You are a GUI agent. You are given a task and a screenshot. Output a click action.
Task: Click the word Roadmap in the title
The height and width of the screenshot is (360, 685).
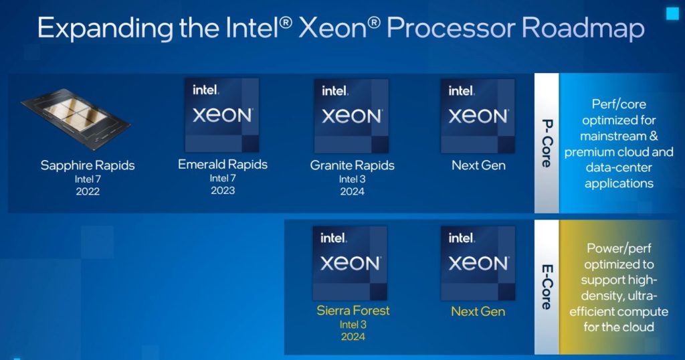click(x=583, y=29)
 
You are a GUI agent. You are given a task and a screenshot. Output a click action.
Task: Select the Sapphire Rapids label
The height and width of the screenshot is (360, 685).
click(x=88, y=165)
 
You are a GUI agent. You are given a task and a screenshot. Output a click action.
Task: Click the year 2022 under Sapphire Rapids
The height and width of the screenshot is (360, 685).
click(x=88, y=191)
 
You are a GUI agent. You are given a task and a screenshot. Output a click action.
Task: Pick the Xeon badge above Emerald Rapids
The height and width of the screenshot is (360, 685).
click(x=222, y=114)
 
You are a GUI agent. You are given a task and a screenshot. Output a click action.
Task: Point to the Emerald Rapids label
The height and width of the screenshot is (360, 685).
click(x=223, y=164)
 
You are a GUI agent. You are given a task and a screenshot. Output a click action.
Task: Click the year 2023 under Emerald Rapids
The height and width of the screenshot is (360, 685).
click(x=223, y=191)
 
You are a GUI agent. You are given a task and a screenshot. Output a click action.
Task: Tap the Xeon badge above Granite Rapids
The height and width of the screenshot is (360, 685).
click(x=351, y=115)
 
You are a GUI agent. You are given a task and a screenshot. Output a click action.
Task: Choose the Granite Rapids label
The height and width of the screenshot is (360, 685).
click(x=353, y=165)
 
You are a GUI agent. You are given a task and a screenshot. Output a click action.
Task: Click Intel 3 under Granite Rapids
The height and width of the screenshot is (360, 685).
click(x=352, y=179)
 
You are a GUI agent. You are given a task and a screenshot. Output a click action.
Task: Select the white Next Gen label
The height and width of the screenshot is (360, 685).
click(x=478, y=165)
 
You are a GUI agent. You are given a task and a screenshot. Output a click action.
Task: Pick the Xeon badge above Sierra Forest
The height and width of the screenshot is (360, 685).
click(x=351, y=262)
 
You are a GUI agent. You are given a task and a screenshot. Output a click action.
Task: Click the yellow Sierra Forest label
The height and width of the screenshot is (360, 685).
click(x=353, y=310)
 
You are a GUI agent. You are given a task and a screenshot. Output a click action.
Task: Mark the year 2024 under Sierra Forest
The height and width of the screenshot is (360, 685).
click(x=353, y=337)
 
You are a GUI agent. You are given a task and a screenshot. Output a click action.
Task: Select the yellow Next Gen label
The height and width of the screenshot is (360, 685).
click(x=478, y=311)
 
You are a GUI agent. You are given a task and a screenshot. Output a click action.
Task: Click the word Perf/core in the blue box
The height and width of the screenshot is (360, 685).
click(x=619, y=104)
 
